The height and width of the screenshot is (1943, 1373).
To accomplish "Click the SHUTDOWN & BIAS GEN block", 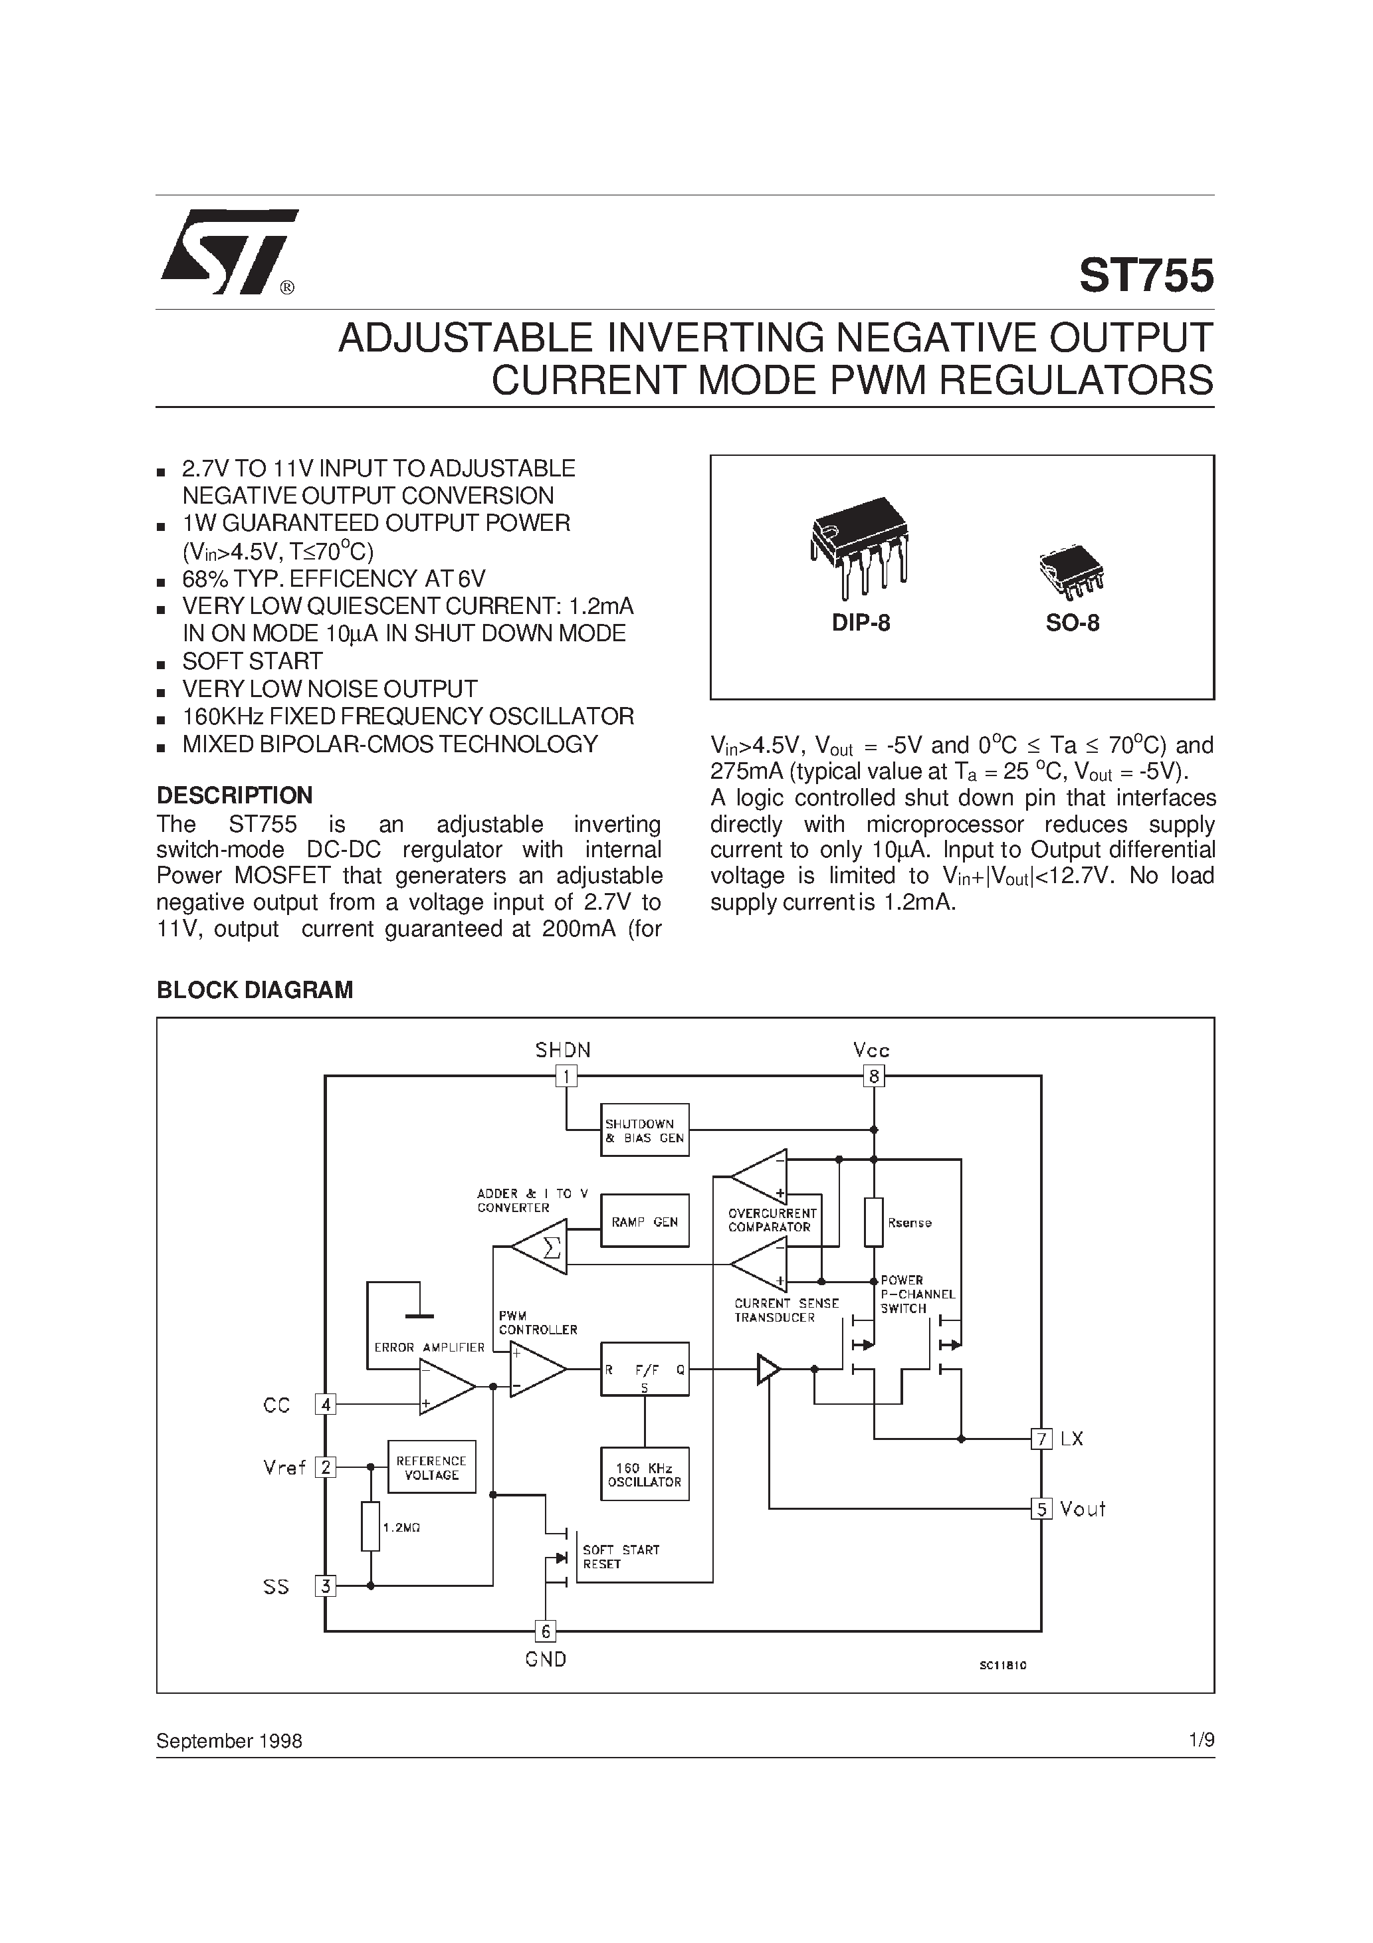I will coord(644,1130).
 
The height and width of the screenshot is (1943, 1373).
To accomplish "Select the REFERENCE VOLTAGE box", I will coord(431,1467).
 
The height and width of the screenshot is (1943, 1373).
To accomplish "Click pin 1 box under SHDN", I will coord(566,1076).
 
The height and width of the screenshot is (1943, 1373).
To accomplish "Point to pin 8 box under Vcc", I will coord(873,1076).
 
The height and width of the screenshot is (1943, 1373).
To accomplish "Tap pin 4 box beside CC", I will coord(325,1405).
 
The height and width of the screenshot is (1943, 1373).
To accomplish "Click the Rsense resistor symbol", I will coord(873,1222).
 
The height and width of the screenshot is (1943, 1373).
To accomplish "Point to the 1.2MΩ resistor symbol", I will coord(370,1526).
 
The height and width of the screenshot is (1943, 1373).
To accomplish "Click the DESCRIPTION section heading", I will coord(235,795).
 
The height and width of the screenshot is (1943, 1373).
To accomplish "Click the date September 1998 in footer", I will coord(229,1741).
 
